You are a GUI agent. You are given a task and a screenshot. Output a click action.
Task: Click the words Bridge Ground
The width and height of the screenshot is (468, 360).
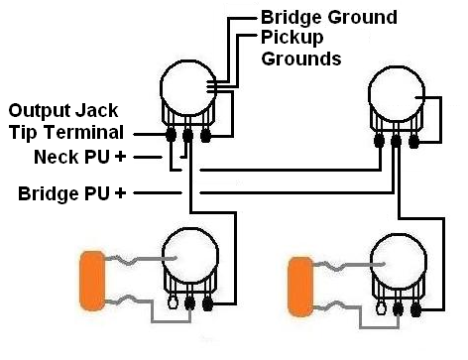tap(329, 17)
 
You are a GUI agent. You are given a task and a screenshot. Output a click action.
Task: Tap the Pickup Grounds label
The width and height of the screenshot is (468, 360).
tap(301, 49)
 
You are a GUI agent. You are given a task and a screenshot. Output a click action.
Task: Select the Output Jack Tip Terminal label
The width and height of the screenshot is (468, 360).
tap(65, 122)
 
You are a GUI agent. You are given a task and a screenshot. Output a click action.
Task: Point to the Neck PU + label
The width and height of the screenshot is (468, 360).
tap(80, 157)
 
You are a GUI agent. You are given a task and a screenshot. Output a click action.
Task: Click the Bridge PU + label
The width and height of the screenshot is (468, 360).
tap(72, 193)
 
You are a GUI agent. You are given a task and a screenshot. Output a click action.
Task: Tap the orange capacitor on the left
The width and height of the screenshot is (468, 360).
tap(93, 281)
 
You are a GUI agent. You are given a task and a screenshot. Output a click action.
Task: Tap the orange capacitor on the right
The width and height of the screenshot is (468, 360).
tap(300, 287)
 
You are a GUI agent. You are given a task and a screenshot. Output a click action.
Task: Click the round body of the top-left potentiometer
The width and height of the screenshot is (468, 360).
tap(188, 88)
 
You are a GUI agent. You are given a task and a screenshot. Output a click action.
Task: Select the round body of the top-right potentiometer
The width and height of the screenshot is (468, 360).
tap(397, 94)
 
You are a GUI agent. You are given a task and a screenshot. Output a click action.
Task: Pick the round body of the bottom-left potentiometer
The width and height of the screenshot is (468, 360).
tap(190, 256)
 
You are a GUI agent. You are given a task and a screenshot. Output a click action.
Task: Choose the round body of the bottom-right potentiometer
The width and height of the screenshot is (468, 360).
tap(399, 261)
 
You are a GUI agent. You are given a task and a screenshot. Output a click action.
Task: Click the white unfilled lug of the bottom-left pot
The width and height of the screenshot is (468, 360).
tap(173, 302)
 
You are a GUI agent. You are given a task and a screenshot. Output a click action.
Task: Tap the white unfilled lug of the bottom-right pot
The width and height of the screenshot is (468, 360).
tap(381, 308)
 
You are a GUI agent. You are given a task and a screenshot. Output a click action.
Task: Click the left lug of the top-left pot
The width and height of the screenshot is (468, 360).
tap(171, 135)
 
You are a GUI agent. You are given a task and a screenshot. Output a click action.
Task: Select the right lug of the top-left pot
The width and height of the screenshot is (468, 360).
tap(205, 135)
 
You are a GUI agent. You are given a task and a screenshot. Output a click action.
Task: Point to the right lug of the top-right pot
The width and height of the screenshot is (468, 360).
tap(413, 142)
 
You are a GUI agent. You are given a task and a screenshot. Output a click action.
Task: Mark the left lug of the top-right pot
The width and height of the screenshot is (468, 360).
tap(379, 141)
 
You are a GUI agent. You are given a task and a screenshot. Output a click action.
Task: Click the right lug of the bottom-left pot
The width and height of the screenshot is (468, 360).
tap(207, 303)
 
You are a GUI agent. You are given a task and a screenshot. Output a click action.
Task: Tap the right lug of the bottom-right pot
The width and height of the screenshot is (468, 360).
tap(415, 309)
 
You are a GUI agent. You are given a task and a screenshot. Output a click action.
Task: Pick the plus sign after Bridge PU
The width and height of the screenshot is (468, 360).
tap(120, 192)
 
